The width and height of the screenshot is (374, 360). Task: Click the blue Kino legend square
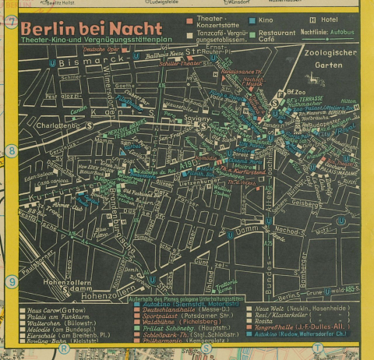(252, 18)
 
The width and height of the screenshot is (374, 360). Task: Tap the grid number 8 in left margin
(11, 150)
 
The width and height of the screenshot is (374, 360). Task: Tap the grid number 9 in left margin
(11, 282)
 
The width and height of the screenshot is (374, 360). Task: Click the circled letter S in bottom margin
(206, 348)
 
